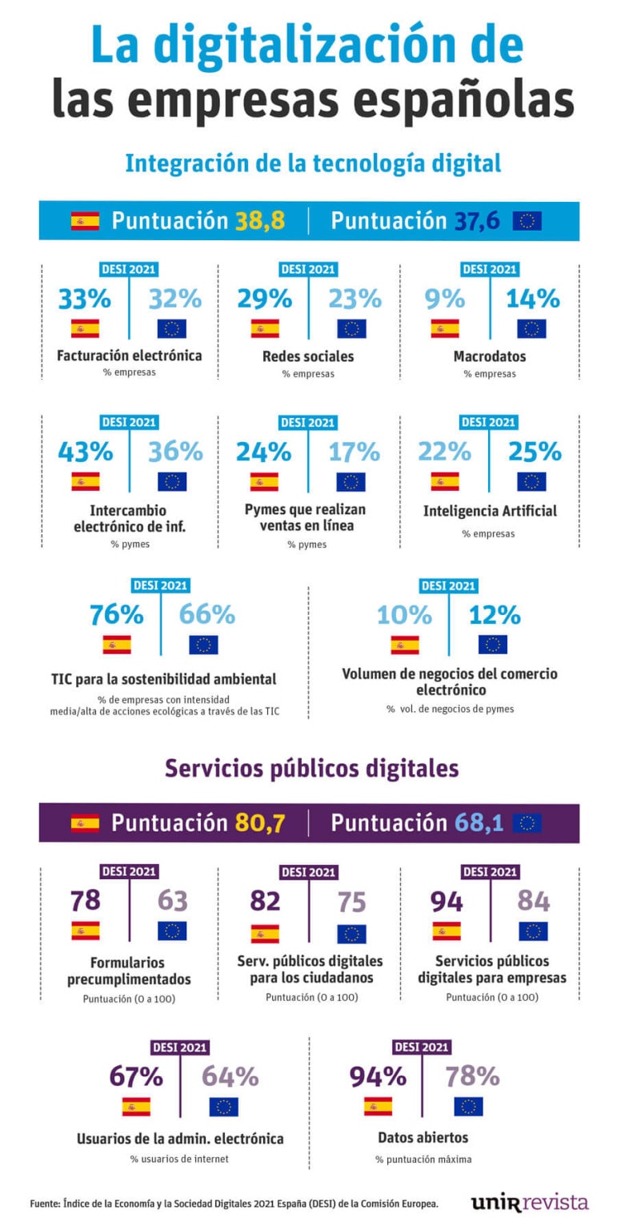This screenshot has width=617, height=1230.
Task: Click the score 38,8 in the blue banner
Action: (259, 221)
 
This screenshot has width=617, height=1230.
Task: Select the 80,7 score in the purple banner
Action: (259, 822)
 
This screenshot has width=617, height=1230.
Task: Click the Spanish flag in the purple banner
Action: (85, 822)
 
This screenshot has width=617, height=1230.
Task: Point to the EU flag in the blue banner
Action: (527, 221)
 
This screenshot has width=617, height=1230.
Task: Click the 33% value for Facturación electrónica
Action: (84, 299)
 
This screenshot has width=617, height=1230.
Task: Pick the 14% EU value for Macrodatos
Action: (532, 299)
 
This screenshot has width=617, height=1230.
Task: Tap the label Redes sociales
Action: (308, 356)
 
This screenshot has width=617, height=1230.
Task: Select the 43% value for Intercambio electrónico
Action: (85, 452)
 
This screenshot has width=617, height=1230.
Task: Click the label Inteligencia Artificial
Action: (490, 511)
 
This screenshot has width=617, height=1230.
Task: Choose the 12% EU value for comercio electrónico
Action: (494, 615)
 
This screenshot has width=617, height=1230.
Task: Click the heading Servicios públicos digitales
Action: (311, 768)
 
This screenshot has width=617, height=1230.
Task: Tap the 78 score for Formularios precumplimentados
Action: (85, 901)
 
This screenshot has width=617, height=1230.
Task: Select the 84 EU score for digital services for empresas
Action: (533, 901)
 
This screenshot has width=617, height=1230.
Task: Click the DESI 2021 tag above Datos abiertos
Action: (421, 1047)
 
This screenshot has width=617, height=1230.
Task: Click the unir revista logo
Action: (529, 1202)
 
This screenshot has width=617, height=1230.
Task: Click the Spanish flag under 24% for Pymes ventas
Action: (264, 481)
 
